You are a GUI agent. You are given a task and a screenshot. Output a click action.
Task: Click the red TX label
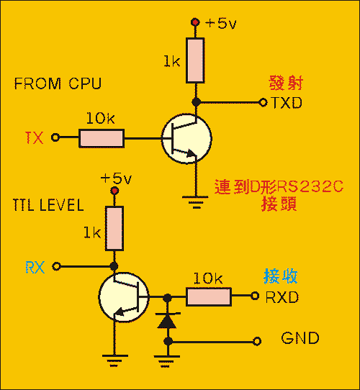coord(35,137)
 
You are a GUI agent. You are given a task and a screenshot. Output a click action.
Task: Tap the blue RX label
coord(35,267)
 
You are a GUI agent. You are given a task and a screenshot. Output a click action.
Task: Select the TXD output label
coord(287,103)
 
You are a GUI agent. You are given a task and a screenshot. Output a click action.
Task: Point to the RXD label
coord(282,296)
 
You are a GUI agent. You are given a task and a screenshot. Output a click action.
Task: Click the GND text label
coord(300,337)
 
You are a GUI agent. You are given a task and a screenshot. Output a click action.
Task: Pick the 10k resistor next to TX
coord(102,138)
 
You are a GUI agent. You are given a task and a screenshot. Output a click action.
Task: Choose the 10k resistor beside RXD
coord(209,296)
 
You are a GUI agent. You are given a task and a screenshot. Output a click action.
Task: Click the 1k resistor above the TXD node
coord(195,60)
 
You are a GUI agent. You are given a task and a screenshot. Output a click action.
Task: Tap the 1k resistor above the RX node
coord(114,228)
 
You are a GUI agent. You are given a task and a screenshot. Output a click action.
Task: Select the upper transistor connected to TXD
coord(186,138)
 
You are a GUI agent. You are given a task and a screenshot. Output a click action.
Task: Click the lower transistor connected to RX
coord(124,297)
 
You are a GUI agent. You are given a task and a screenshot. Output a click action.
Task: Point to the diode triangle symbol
coord(167,322)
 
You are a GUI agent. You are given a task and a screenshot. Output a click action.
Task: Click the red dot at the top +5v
coord(195,22)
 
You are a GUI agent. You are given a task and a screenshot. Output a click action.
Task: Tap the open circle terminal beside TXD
coord(263,102)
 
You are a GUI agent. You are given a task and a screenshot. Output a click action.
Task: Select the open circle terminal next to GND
coord(257,341)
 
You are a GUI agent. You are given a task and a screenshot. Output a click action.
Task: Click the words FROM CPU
coord(58,83)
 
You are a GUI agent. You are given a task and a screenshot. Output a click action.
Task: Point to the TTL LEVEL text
coord(48,205)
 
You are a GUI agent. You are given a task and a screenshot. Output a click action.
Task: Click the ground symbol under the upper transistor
coord(196,201)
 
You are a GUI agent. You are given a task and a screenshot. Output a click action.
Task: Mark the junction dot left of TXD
coord(196,102)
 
